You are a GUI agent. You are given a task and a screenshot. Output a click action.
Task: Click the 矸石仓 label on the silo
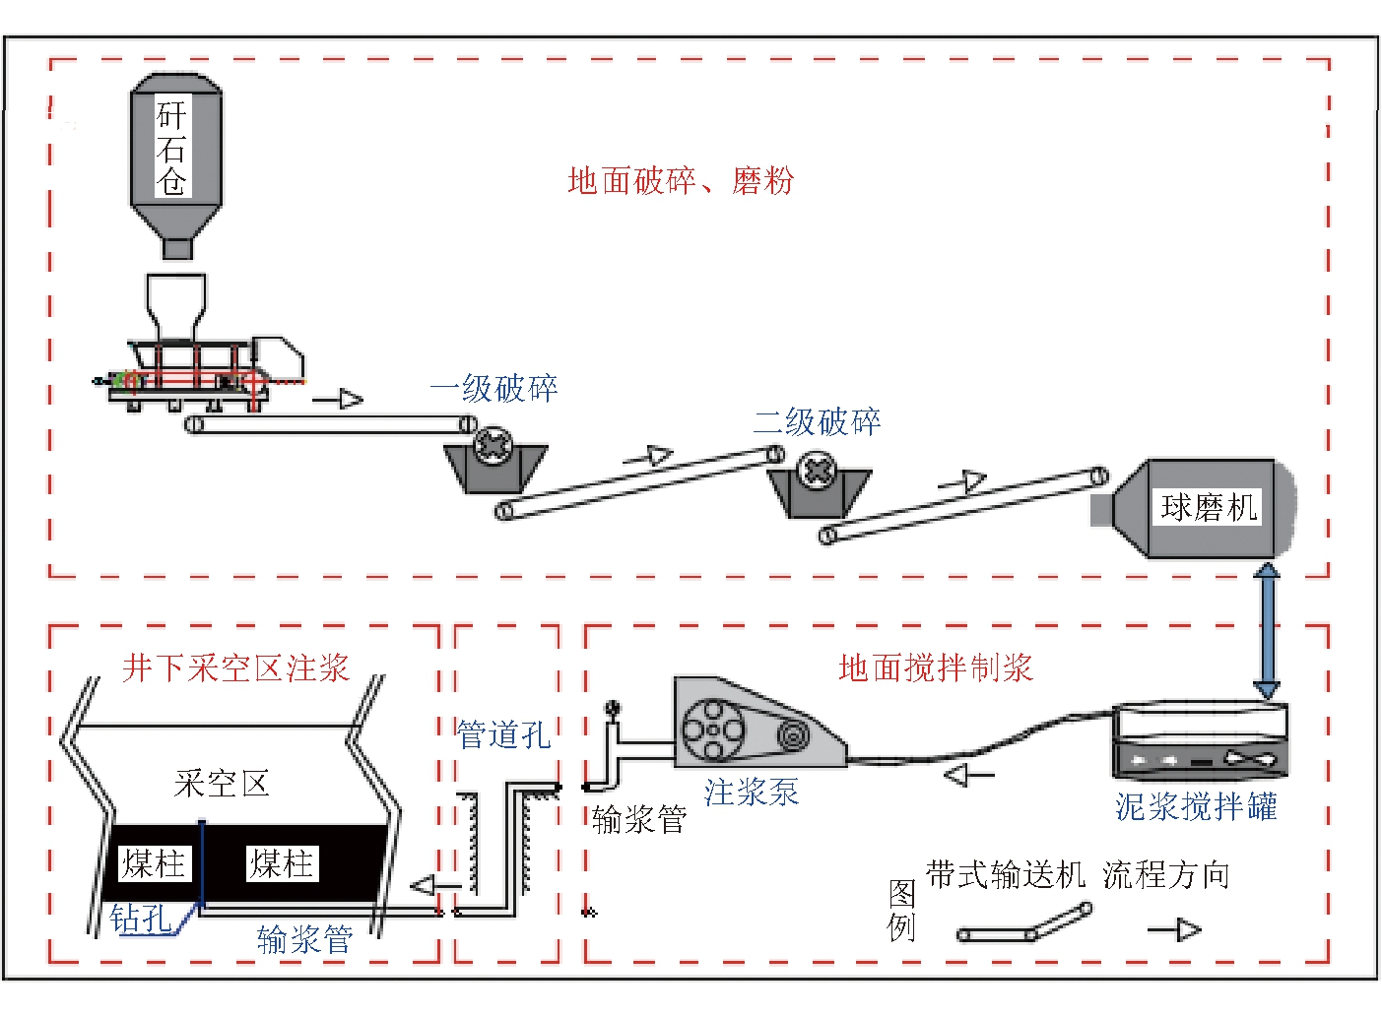pyautogui.click(x=172, y=148)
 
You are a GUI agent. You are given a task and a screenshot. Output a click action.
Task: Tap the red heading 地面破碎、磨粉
pyautogui.click(x=680, y=181)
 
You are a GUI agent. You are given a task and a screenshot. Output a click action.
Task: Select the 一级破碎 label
pyautogui.click(x=494, y=389)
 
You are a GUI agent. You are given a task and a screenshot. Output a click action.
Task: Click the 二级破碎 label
pyautogui.click(x=817, y=422)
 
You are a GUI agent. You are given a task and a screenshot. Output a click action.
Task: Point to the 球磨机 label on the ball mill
pyautogui.click(x=1209, y=508)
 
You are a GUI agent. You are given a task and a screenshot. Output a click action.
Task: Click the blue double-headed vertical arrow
pyautogui.click(x=1267, y=631)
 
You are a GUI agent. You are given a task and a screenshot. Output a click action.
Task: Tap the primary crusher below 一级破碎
pyautogui.click(x=494, y=462)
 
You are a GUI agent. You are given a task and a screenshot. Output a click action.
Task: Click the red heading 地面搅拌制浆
pyautogui.click(x=935, y=668)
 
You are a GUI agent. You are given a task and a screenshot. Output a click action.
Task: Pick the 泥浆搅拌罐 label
pyautogui.click(x=1196, y=807)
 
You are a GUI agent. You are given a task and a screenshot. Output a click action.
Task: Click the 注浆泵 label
pyautogui.click(x=751, y=793)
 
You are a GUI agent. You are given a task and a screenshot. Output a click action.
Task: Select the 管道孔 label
pyautogui.click(x=503, y=734)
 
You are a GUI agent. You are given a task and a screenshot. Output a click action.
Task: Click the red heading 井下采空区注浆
pyautogui.click(x=235, y=668)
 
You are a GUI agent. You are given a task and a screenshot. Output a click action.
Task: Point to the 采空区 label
pyautogui.click(x=222, y=785)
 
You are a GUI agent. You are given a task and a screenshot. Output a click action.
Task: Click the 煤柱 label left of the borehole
pyautogui.click(x=153, y=864)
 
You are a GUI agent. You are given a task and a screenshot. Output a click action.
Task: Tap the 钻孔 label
pyautogui.click(x=140, y=919)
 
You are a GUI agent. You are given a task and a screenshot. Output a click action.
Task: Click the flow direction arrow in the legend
pyautogui.click(x=1175, y=930)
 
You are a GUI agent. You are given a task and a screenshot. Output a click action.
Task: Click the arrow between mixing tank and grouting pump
pyautogui.click(x=969, y=777)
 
